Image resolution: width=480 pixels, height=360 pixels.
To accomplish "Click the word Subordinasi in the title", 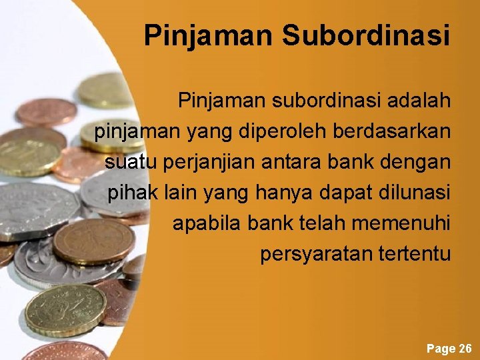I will [365, 35].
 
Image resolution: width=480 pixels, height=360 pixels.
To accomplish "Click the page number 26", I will [465, 349].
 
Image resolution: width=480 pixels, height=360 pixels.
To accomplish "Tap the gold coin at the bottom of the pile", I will [65, 311].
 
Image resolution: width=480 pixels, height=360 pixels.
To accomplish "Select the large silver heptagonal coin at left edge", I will [37, 210].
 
